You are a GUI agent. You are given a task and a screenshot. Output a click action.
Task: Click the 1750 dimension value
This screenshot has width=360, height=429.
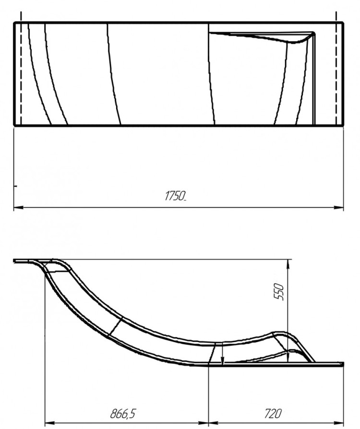175,196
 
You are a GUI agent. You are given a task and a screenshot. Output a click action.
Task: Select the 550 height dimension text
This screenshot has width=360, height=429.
280,291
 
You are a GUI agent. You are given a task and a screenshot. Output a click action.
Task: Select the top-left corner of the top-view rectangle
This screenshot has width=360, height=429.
14,22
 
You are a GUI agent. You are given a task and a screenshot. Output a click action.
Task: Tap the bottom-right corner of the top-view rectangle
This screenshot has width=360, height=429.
343,125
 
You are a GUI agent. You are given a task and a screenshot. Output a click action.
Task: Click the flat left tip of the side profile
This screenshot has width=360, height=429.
19,261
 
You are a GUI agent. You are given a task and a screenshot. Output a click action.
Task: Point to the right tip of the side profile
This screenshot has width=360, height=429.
343,364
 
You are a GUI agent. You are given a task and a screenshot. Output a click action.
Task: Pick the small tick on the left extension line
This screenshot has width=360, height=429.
15,184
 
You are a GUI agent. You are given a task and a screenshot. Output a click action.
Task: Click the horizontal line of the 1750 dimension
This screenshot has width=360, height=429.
96,208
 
